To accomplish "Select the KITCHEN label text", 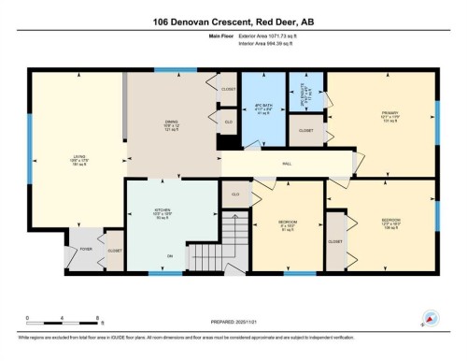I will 160,212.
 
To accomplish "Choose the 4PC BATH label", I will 262,105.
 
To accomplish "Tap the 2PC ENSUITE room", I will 304,93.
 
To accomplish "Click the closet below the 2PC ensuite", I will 305,130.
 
